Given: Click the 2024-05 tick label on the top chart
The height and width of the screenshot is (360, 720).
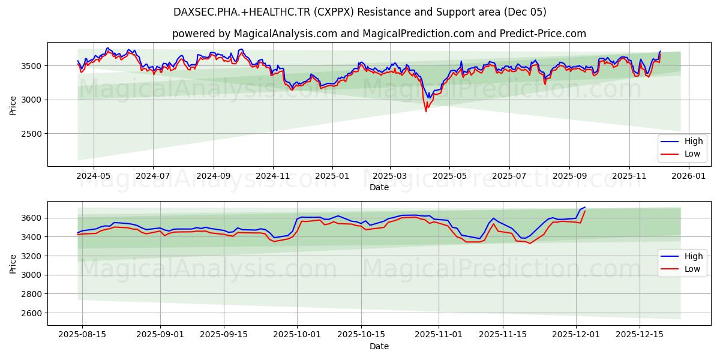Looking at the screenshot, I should [x=94, y=176].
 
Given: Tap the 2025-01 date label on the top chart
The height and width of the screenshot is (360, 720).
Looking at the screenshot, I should [x=332, y=176].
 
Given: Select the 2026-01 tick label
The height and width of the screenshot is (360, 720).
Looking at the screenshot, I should [x=688, y=176].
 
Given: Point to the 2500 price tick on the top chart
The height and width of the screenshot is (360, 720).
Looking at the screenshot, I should [x=31, y=134].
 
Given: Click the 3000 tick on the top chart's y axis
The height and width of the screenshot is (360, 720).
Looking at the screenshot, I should [x=31, y=100].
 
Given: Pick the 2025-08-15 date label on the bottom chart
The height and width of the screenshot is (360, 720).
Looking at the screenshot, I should [x=82, y=335].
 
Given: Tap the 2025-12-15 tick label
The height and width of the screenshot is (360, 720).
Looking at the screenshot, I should [x=639, y=335].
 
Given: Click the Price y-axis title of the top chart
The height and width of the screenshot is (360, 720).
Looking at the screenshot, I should [x=13, y=104].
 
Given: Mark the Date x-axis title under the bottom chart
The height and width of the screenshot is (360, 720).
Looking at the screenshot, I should [x=379, y=346].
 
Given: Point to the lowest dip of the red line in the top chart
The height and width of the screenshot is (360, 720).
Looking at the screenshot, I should [x=426, y=111].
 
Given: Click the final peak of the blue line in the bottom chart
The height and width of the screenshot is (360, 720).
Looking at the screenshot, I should [x=584, y=207].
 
